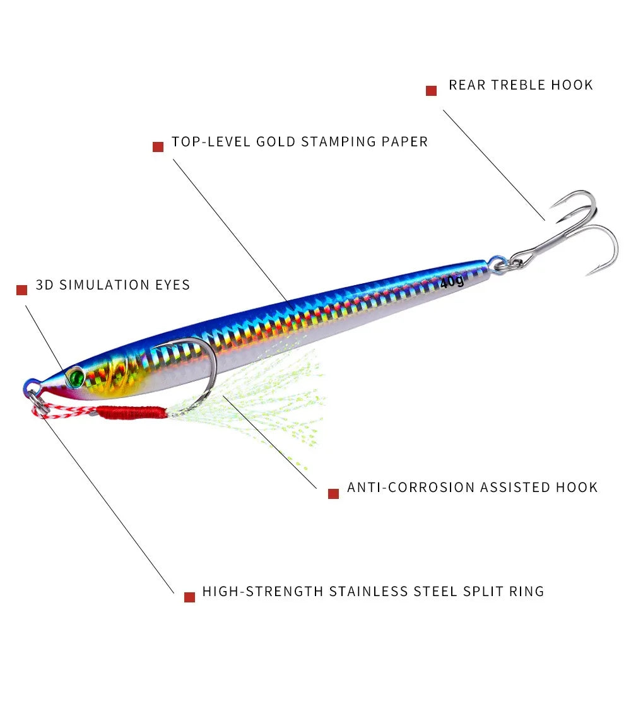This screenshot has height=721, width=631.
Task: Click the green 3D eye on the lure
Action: coord(76,377)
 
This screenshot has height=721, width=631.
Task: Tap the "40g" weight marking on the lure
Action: coord(452,281)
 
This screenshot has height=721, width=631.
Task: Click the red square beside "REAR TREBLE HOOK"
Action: coord(432,91)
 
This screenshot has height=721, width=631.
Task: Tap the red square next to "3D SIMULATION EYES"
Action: coord(22,290)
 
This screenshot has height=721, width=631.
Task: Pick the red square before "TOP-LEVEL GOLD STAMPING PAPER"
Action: coord(158,147)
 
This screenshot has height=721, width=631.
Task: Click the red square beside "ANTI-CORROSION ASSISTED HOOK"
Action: coord(334,493)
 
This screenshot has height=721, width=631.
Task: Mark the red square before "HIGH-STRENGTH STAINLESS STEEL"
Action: coord(189,597)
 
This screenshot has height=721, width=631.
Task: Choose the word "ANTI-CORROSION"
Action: coord(411,488)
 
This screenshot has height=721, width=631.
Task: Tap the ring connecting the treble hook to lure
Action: coord(498,264)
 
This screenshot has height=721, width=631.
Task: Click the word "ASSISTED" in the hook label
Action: coord(516,488)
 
